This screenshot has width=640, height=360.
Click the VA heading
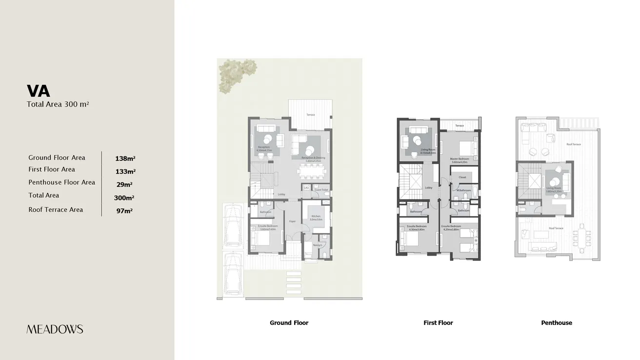coord(39,91)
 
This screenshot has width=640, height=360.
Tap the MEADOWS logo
coord(55,329)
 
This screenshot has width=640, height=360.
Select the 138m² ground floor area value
coord(125,159)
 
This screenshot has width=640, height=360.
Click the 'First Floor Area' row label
coord(52,169)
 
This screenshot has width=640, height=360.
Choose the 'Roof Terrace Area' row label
coord(56,210)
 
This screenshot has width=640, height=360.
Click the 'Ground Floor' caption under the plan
coord(289,323)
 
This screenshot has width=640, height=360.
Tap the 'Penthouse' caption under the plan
coord(556,323)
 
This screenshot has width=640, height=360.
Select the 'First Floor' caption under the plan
coord(438,323)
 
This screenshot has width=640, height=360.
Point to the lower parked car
coord(232,274)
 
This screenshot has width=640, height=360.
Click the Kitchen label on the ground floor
coord(316,216)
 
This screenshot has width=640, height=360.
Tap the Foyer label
coord(292,221)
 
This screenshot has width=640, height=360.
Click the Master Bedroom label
coord(459,159)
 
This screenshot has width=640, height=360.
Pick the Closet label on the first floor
coord(462,178)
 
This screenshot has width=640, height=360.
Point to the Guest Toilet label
coord(321,190)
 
